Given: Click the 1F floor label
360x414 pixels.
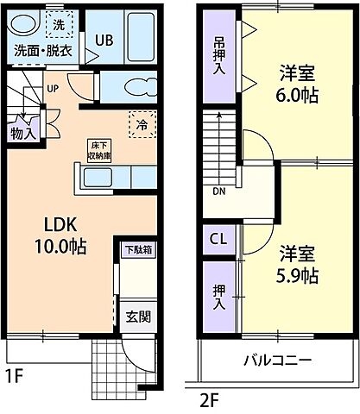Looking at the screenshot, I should pos(16,377).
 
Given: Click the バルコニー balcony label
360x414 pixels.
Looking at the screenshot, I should pos(276,359).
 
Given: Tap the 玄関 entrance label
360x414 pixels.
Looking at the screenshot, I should pos(136,315).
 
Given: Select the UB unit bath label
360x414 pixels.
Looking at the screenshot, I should pos(104,40).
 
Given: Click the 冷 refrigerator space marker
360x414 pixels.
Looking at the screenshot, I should pos(141,123).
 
